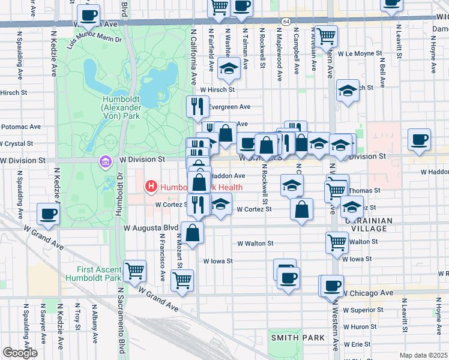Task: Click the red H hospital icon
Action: click(151, 187)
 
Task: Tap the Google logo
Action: click(20, 353)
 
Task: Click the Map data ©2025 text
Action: click(423, 355)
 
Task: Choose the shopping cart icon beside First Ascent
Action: click(135, 270)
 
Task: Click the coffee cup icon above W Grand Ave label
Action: click(48, 213)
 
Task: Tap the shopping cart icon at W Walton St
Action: click(337, 242)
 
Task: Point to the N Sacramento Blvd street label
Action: click(120, 323)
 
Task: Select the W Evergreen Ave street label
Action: click(229, 106)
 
